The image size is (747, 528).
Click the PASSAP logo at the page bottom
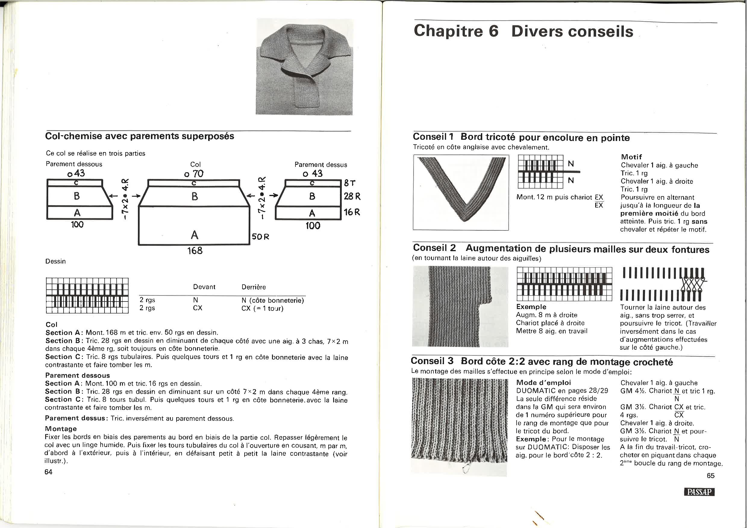coord(699,492)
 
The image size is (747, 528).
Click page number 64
coord(48,472)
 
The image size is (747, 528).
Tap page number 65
coord(711,476)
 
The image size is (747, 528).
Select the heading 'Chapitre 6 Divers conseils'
coord(524,31)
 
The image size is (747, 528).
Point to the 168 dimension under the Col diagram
coord(195,251)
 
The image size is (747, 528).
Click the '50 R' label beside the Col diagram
coord(261,236)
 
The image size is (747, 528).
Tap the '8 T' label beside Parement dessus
coord(350,183)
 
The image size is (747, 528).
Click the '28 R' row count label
coord(352,196)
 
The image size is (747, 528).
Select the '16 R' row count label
coord(352,212)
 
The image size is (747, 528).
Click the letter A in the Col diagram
coord(195,235)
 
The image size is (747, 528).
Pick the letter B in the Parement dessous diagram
coord(77,196)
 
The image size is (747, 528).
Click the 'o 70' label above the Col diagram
coord(194,174)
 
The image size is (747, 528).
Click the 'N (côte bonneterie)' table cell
coord(273,300)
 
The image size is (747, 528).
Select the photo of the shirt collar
coord(304,67)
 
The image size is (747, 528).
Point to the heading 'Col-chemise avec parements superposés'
coord(139,136)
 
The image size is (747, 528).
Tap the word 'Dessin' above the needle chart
coord(56,261)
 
